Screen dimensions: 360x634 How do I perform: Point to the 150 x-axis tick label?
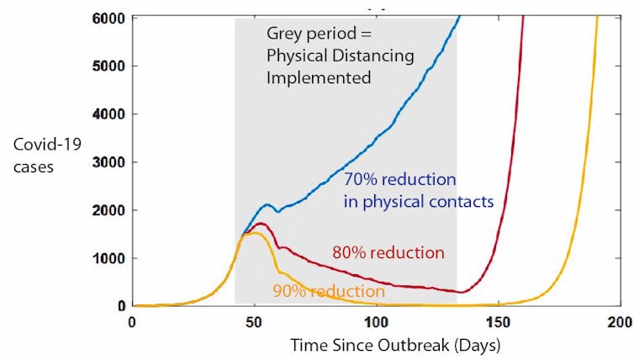click(499, 322)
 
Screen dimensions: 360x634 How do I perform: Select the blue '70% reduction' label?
click(400, 180)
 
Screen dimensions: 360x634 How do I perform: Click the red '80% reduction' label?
click(387, 252)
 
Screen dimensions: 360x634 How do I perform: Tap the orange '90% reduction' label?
click(329, 291)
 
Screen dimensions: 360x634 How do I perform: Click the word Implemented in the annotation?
click(319, 78)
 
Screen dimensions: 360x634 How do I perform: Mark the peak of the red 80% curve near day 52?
click(261, 224)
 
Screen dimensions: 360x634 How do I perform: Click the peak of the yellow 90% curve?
click(252, 233)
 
